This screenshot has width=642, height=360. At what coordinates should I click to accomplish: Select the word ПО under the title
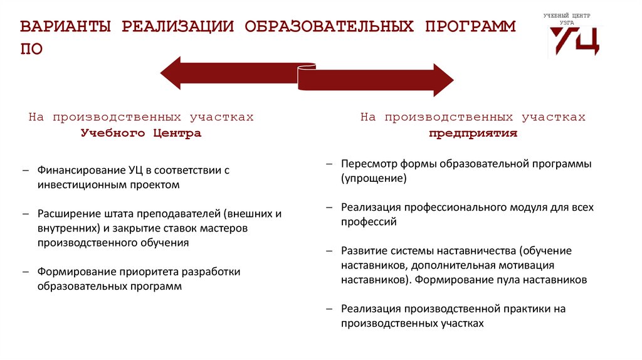31,49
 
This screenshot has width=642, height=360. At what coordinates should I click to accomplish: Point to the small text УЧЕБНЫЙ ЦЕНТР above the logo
567,15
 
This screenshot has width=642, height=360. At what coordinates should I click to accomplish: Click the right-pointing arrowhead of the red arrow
442,80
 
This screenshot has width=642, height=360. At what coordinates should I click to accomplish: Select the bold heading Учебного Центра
140,134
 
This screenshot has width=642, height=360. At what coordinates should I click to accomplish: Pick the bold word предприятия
473,134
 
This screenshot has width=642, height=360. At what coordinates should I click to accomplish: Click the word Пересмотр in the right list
370,164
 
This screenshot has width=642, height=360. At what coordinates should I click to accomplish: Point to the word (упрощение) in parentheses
374,178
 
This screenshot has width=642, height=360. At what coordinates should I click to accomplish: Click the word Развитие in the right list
363,250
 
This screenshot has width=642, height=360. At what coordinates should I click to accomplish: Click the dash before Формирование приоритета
25,272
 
